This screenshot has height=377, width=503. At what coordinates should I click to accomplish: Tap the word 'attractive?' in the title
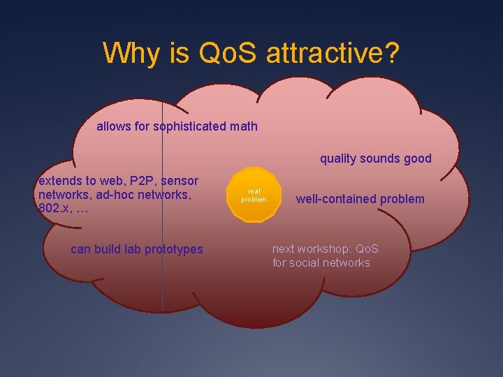click(333, 53)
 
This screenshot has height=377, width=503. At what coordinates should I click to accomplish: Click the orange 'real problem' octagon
click(254, 195)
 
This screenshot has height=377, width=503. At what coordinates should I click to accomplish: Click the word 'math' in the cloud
click(242, 127)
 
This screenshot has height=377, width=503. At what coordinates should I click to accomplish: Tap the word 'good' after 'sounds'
click(416, 158)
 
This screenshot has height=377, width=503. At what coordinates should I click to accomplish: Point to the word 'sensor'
click(180, 182)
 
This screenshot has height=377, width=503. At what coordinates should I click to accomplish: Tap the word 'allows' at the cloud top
click(112, 127)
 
